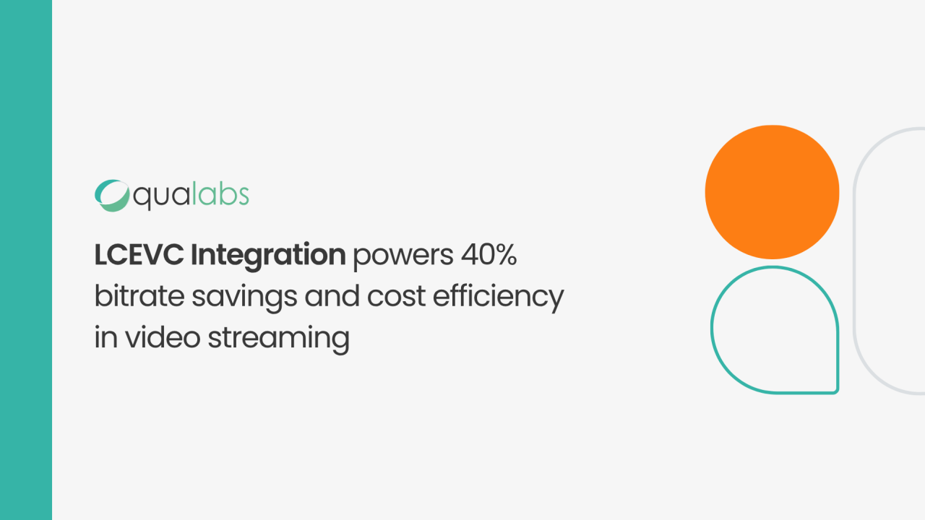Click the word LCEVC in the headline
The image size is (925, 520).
(139, 255)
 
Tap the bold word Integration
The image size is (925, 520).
(268, 256)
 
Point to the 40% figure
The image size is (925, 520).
(489, 255)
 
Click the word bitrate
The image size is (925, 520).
(139, 295)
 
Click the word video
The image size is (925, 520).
(163, 337)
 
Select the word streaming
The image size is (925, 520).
(279, 339)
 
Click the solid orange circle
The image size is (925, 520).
(773, 192)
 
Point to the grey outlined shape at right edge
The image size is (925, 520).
(855, 260)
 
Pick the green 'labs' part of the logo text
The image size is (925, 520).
(221, 194)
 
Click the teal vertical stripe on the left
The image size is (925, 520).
(26, 260)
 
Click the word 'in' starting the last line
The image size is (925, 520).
(106, 337)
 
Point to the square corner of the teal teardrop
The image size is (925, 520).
(837, 391)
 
